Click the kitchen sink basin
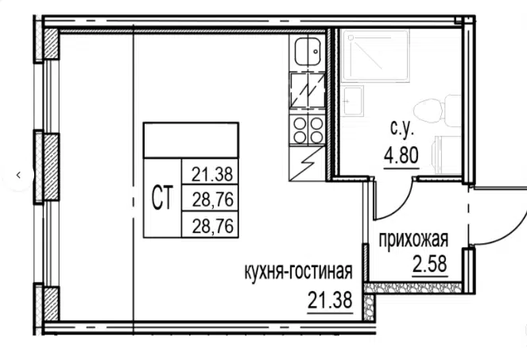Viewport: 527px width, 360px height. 307,52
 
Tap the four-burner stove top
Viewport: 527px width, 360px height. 307,130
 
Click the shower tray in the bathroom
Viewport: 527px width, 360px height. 374,56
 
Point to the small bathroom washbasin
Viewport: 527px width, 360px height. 352,101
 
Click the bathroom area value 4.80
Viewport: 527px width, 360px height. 401,156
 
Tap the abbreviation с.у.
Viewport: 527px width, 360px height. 402,129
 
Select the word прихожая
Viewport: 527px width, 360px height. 413,240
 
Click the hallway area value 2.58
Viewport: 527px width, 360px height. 430,264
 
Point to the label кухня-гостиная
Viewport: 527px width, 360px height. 298,271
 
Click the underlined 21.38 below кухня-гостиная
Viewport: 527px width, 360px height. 330,300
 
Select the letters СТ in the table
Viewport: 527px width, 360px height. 162,198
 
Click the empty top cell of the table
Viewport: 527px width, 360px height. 191,141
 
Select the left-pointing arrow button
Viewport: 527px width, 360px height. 18,175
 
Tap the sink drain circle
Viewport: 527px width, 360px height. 316,52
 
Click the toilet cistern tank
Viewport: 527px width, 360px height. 453,110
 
